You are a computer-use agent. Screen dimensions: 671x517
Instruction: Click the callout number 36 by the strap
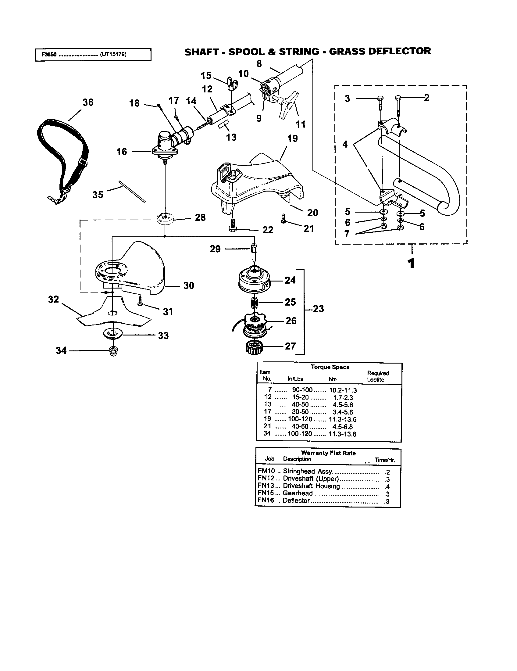point(88,102)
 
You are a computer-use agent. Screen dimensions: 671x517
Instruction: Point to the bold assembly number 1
point(412,264)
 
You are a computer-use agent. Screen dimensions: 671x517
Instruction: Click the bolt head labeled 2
point(398,98)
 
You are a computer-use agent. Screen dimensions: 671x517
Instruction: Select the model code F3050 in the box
point(49,55)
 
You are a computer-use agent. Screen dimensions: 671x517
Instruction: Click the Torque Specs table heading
point(330,367)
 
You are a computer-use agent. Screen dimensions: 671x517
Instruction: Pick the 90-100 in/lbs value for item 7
point(302,390)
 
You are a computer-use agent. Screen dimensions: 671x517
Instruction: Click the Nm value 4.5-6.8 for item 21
point(342,427)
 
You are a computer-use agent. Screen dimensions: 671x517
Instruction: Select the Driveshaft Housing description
point(311,486)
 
